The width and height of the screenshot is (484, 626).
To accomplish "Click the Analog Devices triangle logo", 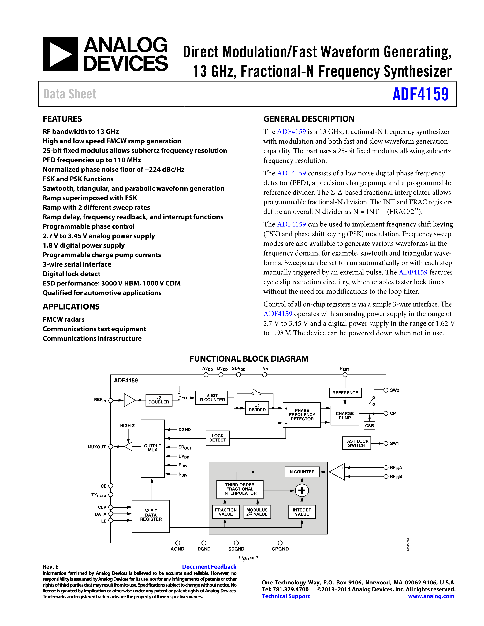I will (60, 54).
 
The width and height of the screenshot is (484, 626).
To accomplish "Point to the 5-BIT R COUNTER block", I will (212, 398).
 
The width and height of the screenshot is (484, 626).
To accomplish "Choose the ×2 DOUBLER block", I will (158, 400).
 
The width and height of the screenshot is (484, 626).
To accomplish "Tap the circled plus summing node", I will (302, 490).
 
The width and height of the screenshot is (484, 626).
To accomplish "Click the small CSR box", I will (369, 426).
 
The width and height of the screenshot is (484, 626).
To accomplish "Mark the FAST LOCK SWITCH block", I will (356, 443).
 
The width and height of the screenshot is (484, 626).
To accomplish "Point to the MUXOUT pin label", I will (97, 447).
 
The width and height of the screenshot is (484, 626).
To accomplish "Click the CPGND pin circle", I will (280, 543).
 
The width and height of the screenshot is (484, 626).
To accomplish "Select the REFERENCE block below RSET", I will (345, 393).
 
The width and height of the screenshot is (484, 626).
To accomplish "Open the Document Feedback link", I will (209, 567).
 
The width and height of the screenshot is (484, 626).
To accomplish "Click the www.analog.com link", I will (431, 596).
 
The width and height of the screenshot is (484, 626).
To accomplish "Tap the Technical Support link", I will (286, 596).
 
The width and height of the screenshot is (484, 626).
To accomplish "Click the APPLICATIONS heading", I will (71, 307).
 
